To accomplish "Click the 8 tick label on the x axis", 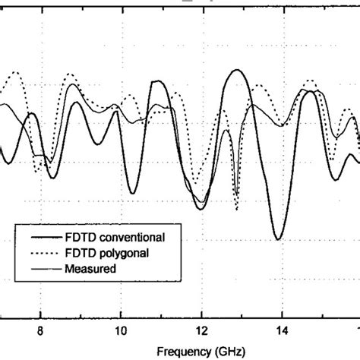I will point(40,330).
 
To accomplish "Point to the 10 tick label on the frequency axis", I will point(120,330).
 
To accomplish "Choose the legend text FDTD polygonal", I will point(109,254).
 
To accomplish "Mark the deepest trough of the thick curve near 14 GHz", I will point(279,239).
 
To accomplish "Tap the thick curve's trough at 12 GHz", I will point(200,209).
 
